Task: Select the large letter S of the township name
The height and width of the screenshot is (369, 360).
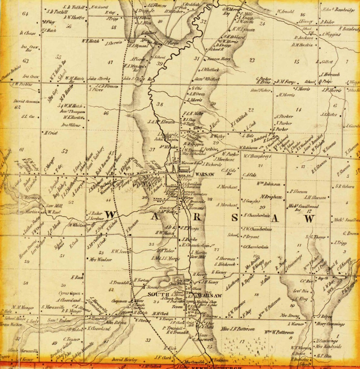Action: (x=234, y=217)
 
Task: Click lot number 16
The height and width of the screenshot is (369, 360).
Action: (x=303, y=15)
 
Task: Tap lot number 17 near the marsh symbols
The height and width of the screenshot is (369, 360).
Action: (x=242, y=341)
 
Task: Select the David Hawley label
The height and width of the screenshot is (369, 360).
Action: (x=125, y=360)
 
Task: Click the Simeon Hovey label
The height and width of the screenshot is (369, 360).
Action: (x=219, y=59)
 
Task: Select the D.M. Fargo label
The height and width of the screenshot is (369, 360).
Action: (x=285, y=82)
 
